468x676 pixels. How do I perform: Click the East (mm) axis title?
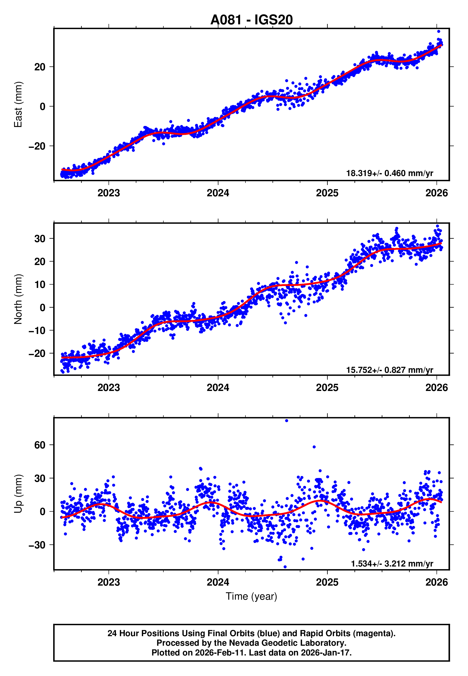(18, 105)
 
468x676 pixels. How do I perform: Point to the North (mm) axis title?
(18, 299)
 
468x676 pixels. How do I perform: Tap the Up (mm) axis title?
(18, 494)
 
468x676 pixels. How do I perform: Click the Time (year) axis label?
(251, 596)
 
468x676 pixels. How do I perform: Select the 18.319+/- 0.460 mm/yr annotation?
(390, 173)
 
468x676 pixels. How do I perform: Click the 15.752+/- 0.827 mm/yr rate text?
(390, 370)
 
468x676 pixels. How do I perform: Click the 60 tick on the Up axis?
(40, 445)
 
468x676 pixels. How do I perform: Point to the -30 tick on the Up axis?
(37, 545)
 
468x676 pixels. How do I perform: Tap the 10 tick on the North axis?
(40, 284)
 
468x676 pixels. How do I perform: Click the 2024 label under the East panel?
(218, 193)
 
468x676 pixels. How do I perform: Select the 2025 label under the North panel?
(327, 388)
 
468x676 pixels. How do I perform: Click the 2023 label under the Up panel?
(109, 582)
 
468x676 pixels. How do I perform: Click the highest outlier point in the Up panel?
(286, 421)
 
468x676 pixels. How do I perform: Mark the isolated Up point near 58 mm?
(314, 447)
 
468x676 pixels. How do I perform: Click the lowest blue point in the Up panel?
(285, 567)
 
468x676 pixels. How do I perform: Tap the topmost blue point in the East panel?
(439, 31)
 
